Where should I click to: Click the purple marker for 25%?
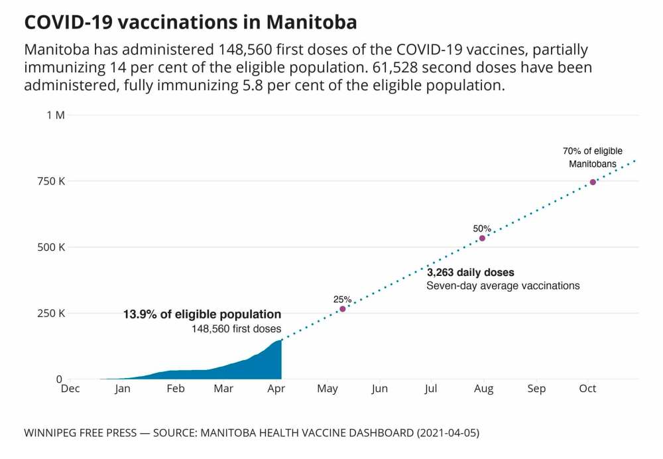343,309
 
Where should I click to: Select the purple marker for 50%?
482,238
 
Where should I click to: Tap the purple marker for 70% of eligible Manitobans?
593,182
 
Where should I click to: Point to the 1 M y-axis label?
55,115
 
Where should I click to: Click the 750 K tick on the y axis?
52,181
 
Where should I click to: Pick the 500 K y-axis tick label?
52,247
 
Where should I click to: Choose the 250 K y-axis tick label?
52,313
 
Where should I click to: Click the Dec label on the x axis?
70,389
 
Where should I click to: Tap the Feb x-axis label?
175,389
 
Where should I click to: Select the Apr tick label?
276,389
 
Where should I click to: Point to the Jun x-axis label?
379,389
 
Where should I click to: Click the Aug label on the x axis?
483,389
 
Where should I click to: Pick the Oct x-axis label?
587,389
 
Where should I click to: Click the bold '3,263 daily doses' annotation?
470,273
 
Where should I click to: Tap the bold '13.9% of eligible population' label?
202,314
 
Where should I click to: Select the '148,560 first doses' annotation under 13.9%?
236,328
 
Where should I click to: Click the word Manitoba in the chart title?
312,22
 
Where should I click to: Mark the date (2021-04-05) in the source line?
448,433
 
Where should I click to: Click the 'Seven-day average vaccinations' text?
503,286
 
